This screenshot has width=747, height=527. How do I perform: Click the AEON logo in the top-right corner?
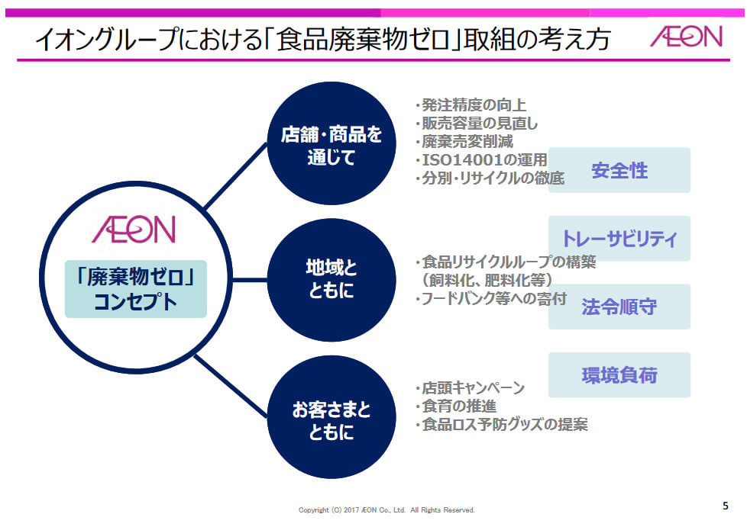[686, 36]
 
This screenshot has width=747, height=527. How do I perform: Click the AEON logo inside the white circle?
[134, 230]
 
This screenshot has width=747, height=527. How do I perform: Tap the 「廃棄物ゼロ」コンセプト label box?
[136, 289]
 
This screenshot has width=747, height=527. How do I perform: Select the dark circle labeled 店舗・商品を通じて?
[331, 143]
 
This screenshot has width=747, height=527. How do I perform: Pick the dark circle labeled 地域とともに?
[331, 280]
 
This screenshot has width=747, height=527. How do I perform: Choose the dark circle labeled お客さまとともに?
[331, 416]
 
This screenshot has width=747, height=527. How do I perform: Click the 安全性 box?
[619, 170]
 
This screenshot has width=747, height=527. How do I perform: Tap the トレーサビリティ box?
[619, 238]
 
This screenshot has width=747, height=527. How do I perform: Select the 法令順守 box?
[619, 307]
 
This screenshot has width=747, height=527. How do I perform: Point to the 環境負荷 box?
[619, 374]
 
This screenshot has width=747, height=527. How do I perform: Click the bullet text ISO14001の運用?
[481, 160]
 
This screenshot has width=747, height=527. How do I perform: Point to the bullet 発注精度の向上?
[471, 104]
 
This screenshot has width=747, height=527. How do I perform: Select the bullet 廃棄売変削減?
[464, 141]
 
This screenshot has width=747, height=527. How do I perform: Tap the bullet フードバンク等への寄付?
[491, 299]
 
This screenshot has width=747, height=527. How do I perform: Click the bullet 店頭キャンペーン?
[471, 387]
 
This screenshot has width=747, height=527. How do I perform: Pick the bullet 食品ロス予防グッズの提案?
[502, 424]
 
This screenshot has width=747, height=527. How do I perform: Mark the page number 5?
[726, 506]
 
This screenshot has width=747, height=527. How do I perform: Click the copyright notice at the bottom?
[386, 510]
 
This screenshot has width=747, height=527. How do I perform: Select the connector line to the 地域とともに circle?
[250, 280]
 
